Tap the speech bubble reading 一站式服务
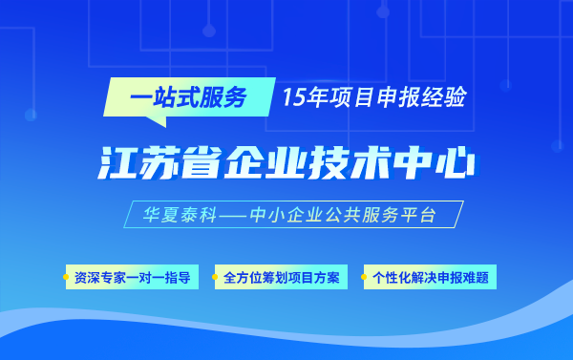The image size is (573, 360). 189,97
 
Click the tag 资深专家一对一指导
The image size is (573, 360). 133,277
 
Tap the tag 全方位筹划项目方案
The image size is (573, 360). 281,277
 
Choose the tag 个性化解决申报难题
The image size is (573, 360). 430,277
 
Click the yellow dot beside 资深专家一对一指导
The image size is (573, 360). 66,277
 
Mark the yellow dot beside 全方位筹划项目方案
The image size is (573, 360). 215,277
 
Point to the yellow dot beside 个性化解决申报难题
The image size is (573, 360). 364,277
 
